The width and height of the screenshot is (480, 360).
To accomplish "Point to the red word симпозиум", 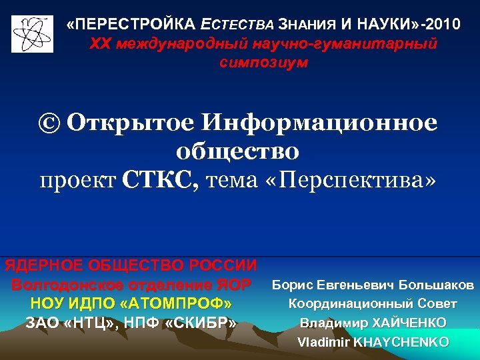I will tap(263, 63).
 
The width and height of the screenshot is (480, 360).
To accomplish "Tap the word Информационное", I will tap(321, 123).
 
